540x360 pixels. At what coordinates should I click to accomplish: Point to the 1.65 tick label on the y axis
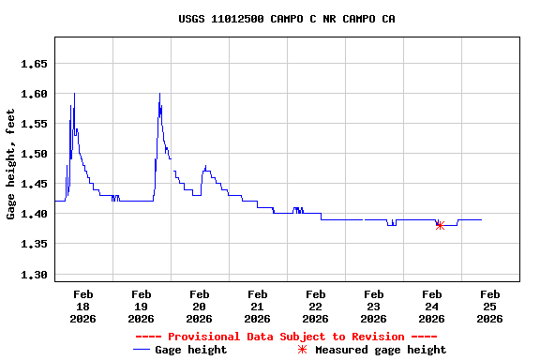(34, 64)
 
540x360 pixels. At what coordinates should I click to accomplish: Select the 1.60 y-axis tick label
(34, 94)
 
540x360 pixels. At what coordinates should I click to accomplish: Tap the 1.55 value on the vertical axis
(34, 124)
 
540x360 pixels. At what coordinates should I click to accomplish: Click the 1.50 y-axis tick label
(34, 154)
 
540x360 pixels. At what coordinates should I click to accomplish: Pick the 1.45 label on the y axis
(34, 184)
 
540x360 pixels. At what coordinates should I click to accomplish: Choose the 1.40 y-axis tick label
(34, 214)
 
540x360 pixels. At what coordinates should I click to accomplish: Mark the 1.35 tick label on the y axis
(34, 244)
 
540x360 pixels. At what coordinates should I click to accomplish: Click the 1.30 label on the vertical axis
(34, 275)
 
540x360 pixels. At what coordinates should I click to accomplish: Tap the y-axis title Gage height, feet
(11, 164)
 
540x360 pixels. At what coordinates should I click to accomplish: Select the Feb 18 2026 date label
(82, 307)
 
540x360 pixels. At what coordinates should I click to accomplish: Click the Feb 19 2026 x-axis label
(141, 307)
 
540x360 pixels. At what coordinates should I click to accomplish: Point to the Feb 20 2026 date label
(199, 307)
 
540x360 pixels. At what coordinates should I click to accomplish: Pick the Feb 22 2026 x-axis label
(315, 307)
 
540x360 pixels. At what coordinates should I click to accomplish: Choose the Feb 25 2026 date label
(489, 307)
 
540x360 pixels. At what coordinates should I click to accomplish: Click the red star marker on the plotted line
(440, 225)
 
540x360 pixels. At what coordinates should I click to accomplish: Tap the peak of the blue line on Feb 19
(159, 94)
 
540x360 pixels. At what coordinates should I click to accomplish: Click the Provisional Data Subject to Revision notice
(286, 337)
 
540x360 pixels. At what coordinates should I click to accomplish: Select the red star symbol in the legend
(302, 350)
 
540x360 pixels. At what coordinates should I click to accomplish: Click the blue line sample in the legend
(142, 350)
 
